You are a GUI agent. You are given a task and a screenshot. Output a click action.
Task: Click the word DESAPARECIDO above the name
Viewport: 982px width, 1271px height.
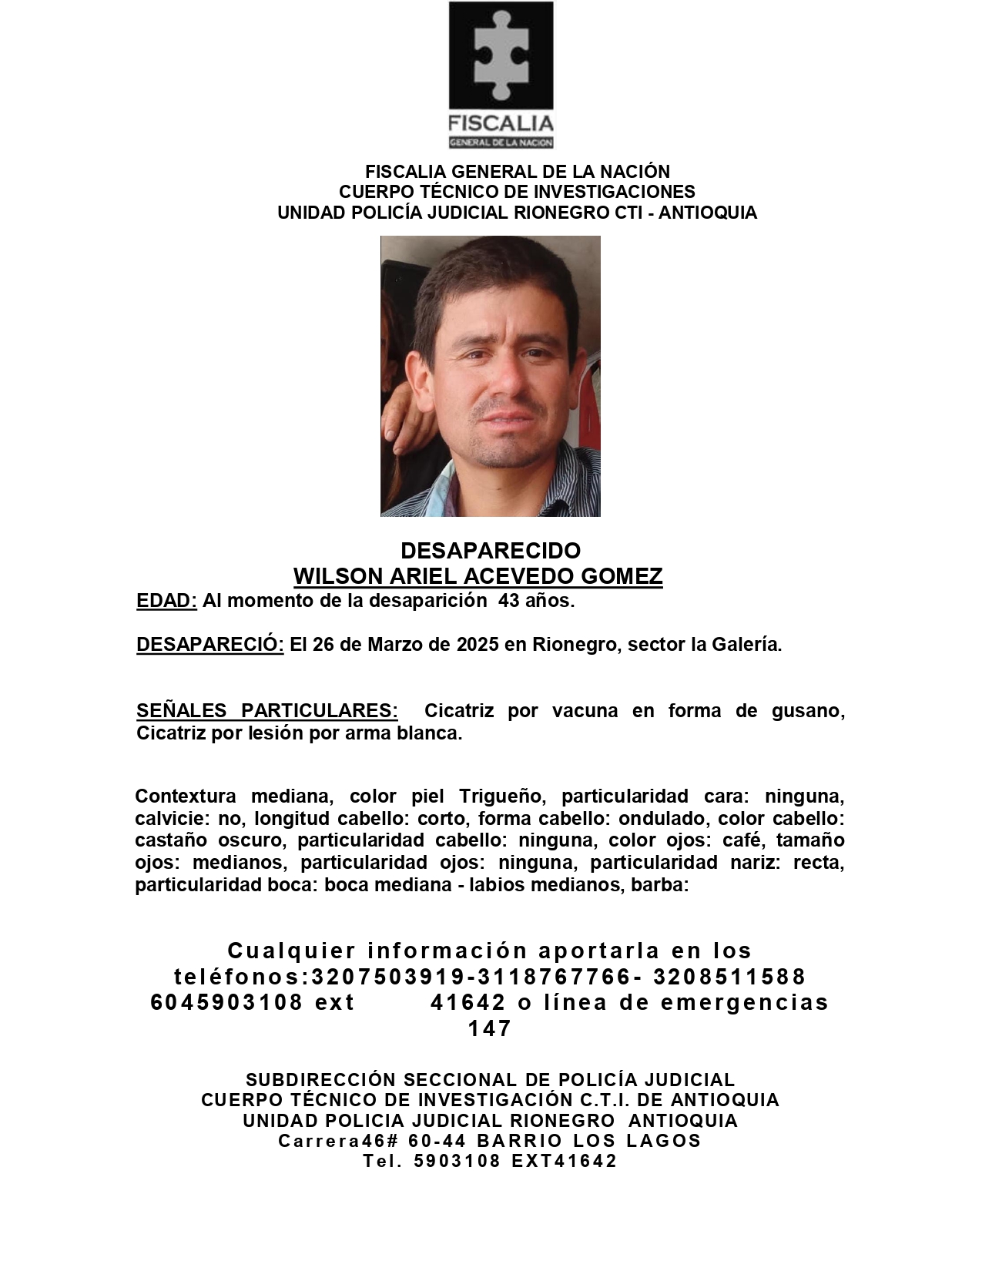491,551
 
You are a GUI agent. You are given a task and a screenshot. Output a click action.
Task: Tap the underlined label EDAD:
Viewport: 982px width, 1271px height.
166,601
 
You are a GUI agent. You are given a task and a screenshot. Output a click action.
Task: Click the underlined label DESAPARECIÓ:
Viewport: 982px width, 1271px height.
210,645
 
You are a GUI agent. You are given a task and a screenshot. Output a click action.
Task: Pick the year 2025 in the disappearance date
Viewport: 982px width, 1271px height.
478,645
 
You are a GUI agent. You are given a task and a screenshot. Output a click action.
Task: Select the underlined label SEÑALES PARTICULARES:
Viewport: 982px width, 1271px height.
266,710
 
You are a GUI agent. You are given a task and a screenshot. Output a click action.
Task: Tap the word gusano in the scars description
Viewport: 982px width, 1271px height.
807,710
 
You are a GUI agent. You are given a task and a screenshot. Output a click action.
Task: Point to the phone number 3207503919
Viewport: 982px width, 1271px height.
388,977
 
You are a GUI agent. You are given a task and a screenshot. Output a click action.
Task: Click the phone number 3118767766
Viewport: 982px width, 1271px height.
555,977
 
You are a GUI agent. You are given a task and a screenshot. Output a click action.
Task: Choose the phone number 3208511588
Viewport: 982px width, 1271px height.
729,977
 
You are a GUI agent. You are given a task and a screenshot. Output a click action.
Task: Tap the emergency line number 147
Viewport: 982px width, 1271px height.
490,1028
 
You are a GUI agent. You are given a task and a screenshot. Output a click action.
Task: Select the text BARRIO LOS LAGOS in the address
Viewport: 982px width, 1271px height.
588,1141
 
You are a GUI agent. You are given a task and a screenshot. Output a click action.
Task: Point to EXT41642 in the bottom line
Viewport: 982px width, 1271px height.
564,1161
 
